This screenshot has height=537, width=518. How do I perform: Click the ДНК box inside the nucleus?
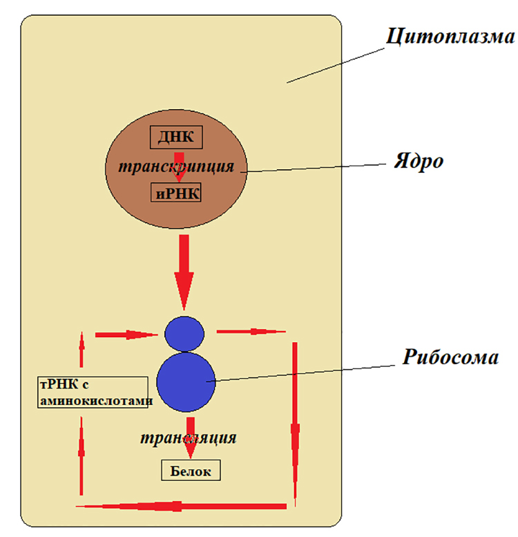176,138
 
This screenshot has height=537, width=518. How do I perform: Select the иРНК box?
176,192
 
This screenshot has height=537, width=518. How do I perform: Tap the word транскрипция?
176,167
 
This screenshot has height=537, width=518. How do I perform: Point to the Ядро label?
419,161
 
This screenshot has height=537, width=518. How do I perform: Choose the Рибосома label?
450,357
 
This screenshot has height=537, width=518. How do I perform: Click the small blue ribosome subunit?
184,334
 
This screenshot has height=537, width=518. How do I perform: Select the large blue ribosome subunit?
186,382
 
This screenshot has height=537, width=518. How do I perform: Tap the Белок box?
191,470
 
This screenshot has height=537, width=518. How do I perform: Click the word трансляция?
188,437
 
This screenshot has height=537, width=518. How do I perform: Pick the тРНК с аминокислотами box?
93,393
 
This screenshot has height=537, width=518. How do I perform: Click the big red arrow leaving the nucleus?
184,272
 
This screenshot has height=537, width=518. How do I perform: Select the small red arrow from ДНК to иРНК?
179,167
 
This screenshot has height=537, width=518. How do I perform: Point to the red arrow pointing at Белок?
191,437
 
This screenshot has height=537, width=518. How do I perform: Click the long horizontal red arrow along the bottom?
181,506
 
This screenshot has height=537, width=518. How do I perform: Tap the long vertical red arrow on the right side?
295,424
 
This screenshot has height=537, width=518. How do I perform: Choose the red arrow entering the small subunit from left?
126,335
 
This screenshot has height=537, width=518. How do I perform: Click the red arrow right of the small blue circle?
251,332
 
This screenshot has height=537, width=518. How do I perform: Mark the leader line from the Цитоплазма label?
336,66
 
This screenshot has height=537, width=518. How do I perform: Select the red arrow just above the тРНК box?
81,349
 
